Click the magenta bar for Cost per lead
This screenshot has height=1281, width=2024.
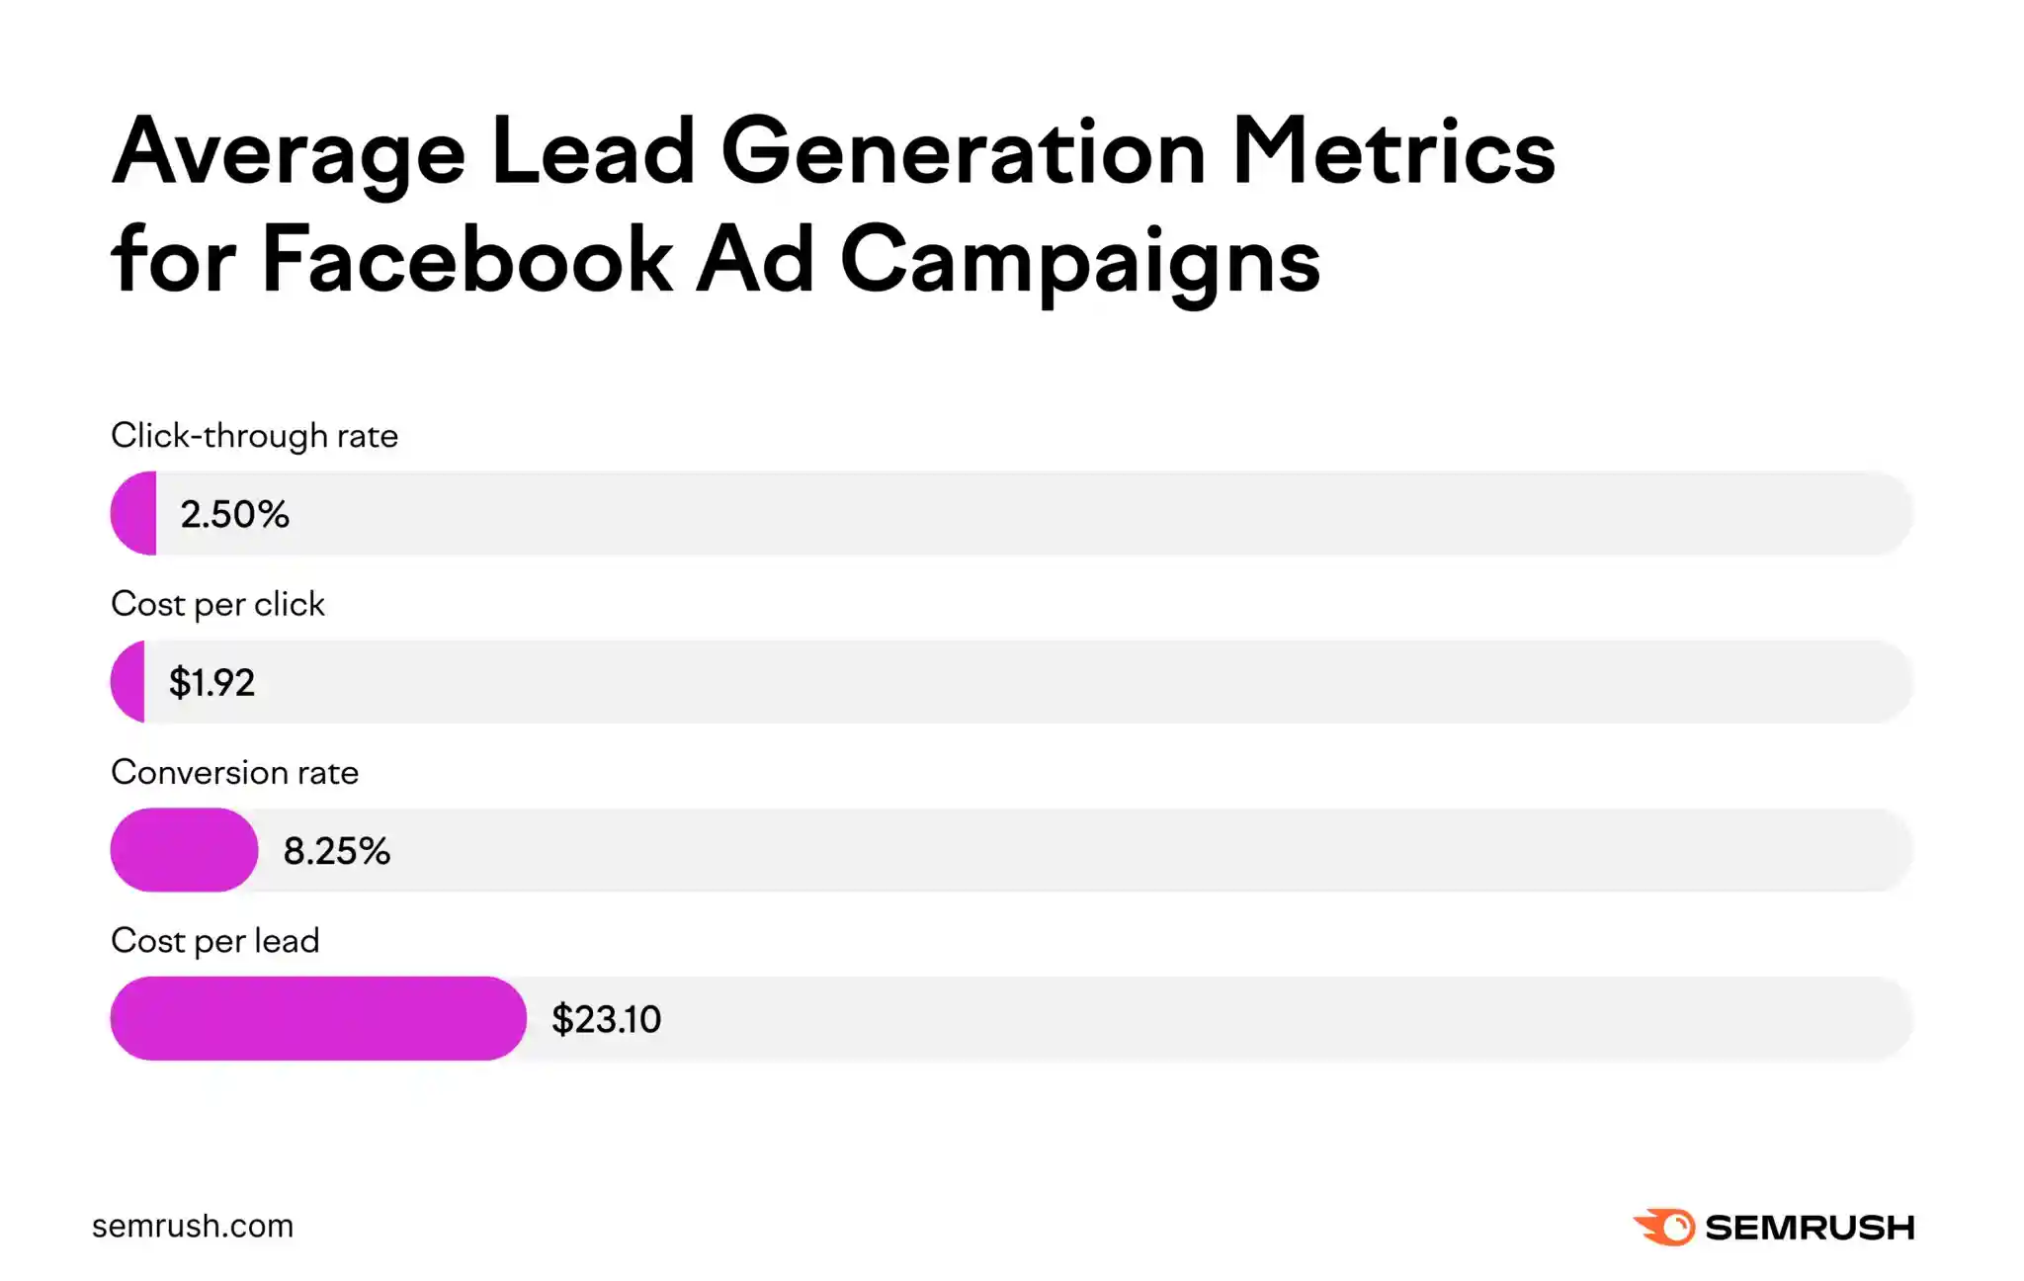click(317, 1018)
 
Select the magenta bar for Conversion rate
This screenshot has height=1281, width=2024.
click(184, 850)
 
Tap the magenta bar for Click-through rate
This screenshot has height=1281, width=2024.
click(135, 513)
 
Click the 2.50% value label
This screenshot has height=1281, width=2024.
click(234, 514)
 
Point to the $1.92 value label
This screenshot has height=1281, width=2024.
click(211, 682)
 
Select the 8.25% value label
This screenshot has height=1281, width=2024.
click(336, 851)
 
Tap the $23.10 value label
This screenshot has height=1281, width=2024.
click(606, 1019)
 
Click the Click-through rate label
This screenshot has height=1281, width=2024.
click(254, 436)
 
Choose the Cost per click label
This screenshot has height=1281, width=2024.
click(217, 604)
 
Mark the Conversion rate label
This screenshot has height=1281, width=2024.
click(234, 772)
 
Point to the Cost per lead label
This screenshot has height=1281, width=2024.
click(214, 940)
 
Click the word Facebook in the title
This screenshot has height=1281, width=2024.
click(466, 259)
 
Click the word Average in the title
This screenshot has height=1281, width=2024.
click(288, 153)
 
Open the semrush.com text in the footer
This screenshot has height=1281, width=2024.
click(193, 1226)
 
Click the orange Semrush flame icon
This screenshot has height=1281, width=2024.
click(1665, 1227)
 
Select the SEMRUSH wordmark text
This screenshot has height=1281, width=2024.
click(1810, 1228)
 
